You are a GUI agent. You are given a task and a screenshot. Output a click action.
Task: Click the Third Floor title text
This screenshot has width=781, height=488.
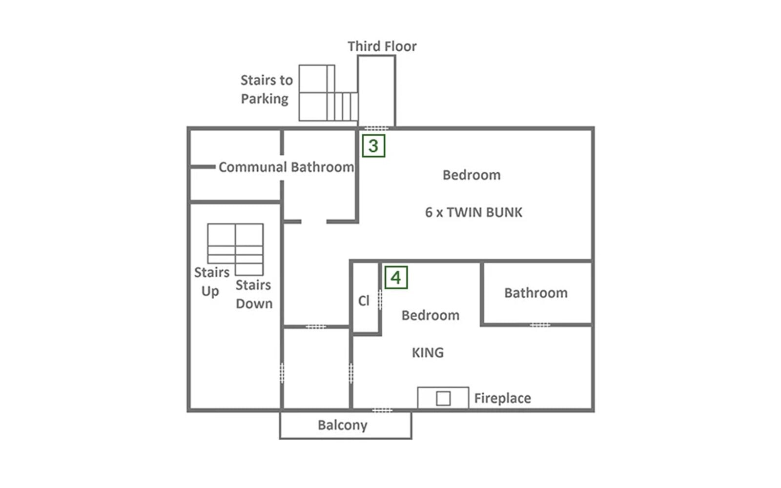point(382,46)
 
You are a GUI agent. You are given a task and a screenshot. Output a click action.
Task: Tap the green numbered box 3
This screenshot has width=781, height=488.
point(373,146)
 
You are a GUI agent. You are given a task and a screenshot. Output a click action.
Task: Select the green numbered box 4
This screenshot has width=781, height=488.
point(396,278)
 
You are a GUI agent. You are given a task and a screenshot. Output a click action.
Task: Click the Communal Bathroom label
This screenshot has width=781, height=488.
point(286,167)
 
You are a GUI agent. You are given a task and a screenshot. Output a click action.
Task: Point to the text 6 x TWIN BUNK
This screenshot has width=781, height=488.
point(474,212)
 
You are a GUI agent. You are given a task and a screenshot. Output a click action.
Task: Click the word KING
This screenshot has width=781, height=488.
point(428,353)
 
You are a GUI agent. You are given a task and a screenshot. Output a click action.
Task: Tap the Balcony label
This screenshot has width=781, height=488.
point(342,426)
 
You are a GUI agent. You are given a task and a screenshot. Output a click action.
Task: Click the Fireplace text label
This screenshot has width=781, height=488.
point(502,398)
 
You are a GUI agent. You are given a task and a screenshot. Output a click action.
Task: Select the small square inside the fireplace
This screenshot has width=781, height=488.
point(443,398)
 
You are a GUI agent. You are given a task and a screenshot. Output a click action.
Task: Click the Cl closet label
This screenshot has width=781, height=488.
point(364,301)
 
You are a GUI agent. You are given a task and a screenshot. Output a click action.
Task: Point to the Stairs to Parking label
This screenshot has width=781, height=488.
point(267,90)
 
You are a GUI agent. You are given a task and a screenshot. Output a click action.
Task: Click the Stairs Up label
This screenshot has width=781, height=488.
point(212,282)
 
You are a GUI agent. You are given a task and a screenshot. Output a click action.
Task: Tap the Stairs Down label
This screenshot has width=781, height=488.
point(254,295)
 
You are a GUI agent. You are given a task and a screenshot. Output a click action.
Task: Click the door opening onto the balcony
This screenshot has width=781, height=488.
point(382,410)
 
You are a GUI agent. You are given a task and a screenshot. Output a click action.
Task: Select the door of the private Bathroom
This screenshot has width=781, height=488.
point(540,325)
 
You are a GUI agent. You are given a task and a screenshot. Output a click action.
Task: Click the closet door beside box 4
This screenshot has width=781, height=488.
point(380,300)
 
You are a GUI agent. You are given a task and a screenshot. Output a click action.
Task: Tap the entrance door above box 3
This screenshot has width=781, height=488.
point(376,128)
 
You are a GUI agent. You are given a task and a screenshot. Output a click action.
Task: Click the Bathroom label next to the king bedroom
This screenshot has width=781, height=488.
point(536,293)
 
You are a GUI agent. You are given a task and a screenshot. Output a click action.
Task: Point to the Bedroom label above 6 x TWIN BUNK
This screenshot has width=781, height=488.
point(472,175)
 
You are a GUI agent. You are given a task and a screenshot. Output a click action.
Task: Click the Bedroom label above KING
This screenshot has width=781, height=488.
point(431,315)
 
